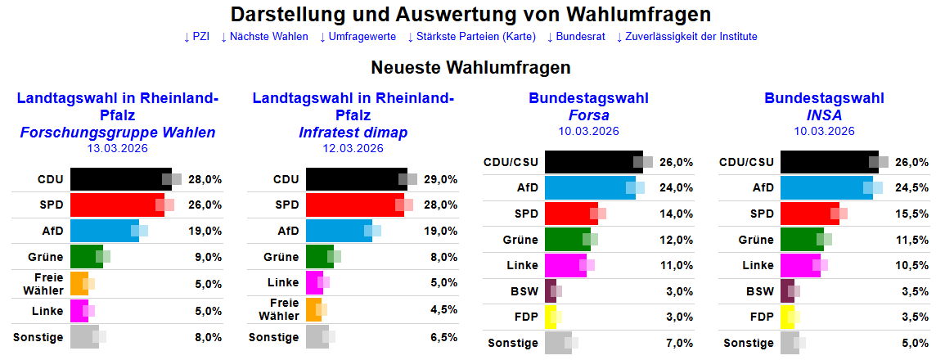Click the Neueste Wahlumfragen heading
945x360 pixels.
pos(470,67)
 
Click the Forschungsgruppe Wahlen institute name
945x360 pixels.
pos(118,133)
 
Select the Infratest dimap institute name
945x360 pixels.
pos(353,133)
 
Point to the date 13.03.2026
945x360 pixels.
pos(118,148)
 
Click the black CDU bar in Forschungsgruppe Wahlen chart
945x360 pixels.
pos(119,179)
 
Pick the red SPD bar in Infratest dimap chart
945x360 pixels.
pos(353,205)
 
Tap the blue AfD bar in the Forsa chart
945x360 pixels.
pos(589,187)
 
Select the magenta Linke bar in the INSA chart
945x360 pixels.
pos(800,265)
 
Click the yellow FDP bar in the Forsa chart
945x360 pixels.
pos(550,317)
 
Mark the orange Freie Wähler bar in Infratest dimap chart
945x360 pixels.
pos(313,309)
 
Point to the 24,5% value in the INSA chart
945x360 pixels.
pos(912,187)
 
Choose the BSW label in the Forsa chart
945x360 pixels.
pos(524,290)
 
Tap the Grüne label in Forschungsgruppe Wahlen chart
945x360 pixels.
pos(47,257)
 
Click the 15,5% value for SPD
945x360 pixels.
pos(912,214)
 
